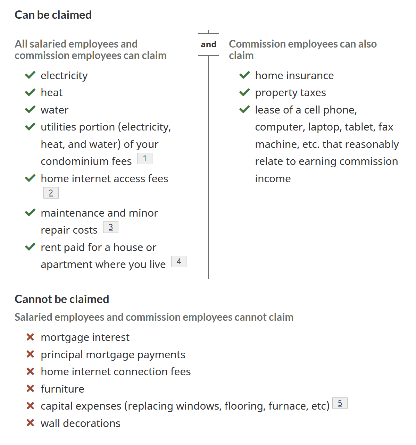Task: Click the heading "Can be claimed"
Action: coord(53,15)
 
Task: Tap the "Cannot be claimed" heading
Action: coord(62,299)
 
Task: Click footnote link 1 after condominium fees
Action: coord(145,159)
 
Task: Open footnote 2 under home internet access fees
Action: coord(51,193)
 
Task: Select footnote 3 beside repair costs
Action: coord(111,227)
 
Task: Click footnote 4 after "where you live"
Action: coord(179,262)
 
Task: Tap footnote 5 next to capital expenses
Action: coord(340,403)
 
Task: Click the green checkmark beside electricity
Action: coord(30,75)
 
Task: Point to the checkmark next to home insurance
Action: coord(244,75)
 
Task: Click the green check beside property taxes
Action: coord(244,92)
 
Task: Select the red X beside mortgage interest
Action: coord(30,337)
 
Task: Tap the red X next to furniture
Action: coord(30,388)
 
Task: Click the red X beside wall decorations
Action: coord(30,423)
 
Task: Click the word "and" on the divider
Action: coord(208,44)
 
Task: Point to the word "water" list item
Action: coord(55,110)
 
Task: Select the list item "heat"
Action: coord(51,93)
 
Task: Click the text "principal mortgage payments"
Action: coord(113,355)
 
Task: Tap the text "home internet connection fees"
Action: coord(116,372)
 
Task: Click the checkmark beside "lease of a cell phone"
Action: coord(244,109)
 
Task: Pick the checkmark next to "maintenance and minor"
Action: coord(30,212)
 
